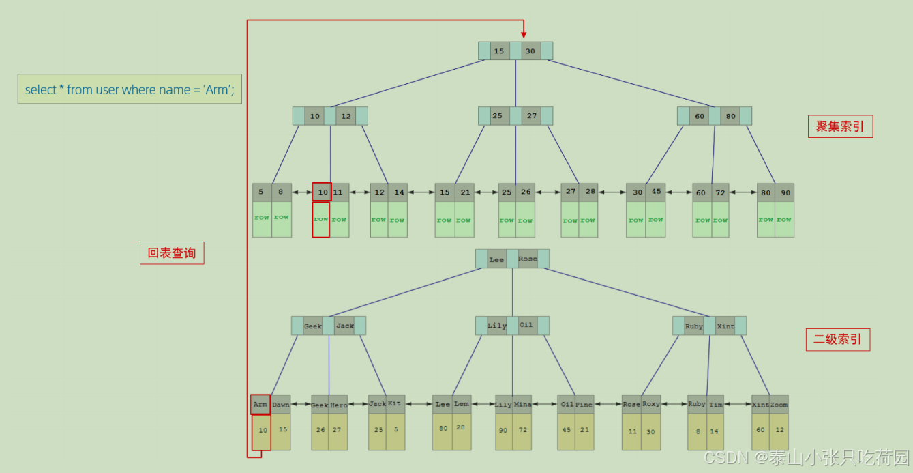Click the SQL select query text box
pyautogui.click(x=130, y=89)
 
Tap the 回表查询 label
pyautogui.click(x=172, y=253)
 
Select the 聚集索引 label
pyautogui.click(x=840, y=126)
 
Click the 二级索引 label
pyautogui.click(x=837, y=339)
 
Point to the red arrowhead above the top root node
pyautogui.click(x=524, y=33)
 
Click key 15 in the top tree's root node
pyautogui.click(x=499, y=51)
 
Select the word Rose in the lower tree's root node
pyautogui.click(x=528, y=259)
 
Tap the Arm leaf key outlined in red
pyautogui.click(x=260, y=404)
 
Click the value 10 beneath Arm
pyautogui.click(x=263, y=430)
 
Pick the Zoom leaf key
pyautogui.click(x=779, y=405)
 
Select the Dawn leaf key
pyautogui.click(x=281, y=405)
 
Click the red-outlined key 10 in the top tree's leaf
pyautogui.click(x=321, y=192)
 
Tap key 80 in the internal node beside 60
pyautogui.click(x=731, y=116)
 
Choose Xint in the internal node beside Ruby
pyautogui.click(x=725, y=326)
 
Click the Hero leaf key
pyautogui.click(x=339, y=405)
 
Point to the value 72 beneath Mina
pyautogui.click(x=522, y=430)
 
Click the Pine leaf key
pyautogui.click(x=584, y=405)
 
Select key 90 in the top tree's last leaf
pyautogui.click(x=785, y=192)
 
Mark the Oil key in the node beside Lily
pyautogui.click(x=526, y=325)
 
